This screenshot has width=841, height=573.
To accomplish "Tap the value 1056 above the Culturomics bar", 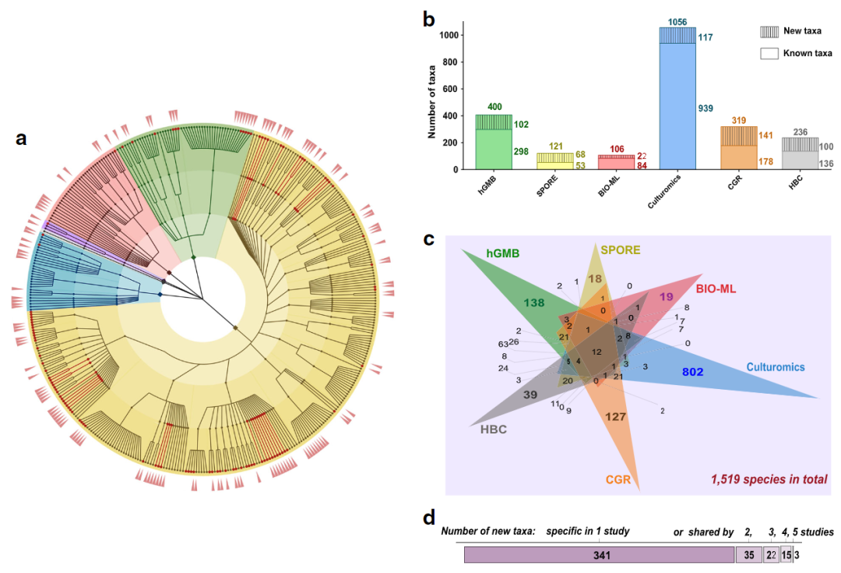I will click(x=677, y=22).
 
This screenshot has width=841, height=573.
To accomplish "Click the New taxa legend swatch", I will click(x=769, y=32).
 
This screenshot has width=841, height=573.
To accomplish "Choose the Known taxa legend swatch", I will click(x=769, y=53).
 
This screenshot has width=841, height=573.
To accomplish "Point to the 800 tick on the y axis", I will click(x=450, y=62).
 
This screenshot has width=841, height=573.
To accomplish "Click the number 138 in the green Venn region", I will click(x=534, y=302).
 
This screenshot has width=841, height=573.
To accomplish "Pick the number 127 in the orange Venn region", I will click(x=615, y=417).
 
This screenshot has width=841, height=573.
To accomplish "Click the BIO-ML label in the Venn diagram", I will click(x=714, y=289).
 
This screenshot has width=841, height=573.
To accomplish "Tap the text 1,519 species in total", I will click(x=769, y=479).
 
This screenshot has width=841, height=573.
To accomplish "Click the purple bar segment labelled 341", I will click(x=600, y=554).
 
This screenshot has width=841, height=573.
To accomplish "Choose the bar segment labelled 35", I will click(x=748, y=554).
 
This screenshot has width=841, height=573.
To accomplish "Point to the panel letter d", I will click(x=429, y=518).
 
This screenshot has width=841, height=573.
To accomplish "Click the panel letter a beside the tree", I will click(x=22, y=140).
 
